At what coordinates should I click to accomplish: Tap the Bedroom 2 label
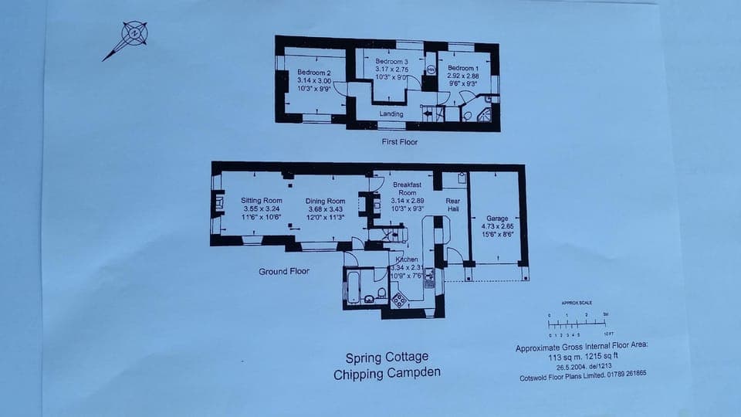pos(314,73)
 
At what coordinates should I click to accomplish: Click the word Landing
pos(391,114)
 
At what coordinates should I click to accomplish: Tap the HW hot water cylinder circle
pos(431,68)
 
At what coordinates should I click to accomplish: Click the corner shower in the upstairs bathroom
pos(486,114)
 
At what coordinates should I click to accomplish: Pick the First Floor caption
pos(400,143)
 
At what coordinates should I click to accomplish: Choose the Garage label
pos(497,219)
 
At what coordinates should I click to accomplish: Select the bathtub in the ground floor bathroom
pos(353,286)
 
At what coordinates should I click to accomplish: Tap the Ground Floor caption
pos(284,271)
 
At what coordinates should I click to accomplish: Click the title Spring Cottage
pos(386,358)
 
